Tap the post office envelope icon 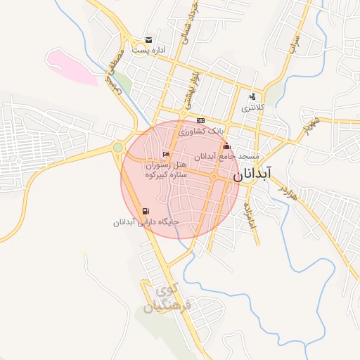tap(148, 40)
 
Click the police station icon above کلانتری tap(253, 97)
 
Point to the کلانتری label tap(253, 109)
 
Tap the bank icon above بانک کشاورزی tap(201, 120)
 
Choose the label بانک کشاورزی tap(202, 131)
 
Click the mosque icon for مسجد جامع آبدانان tap(226, 147)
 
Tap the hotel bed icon tap(166, 154)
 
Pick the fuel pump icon tap(146, 210)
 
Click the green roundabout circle tap(118, 148)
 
